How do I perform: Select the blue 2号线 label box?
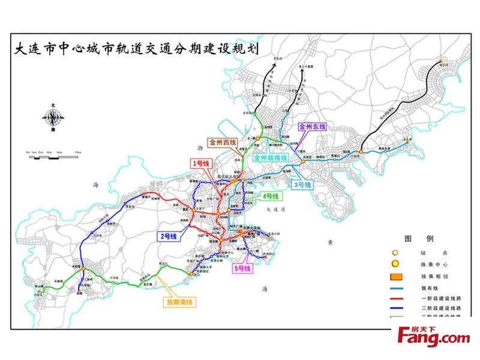[169, 236]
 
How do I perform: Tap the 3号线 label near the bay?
[302, 185]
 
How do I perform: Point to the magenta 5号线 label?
[242, 268]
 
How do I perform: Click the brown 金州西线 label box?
[223, 143]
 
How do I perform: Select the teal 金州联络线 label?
[271, 158]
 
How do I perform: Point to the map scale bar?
[52, 154]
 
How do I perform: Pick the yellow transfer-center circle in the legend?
[395, 265]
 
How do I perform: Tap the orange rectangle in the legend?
[395, 277]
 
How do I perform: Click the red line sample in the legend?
[395, 298]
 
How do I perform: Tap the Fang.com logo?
[431, 337]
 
